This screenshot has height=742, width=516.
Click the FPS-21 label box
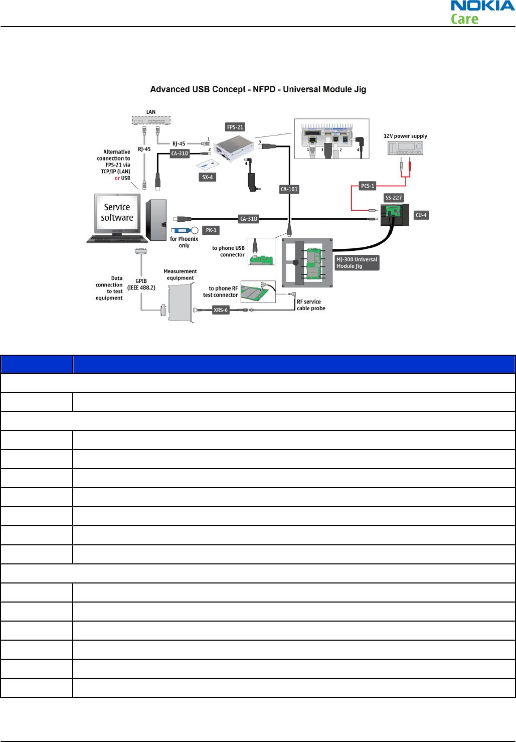(235, 127)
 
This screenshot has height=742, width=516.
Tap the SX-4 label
(208, 177)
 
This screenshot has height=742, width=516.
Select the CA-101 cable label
(289, 189)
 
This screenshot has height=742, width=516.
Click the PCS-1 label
(368, 186)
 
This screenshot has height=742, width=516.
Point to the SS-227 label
(394, 198)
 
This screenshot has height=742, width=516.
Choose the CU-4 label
(421, 215)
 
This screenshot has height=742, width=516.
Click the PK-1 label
(211, 230)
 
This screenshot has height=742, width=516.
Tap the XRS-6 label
(221, 310)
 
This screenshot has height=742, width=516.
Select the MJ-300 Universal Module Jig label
(357, 263)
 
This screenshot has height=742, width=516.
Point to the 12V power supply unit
(405, 148)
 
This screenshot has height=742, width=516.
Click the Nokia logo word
(482, 6)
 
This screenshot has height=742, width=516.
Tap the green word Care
(464, 20)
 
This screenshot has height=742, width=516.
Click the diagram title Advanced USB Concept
(258, 89)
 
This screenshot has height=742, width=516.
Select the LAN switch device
(151, 120)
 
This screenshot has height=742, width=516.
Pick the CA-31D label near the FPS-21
(180, 154)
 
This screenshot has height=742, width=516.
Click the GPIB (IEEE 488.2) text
(141, 284)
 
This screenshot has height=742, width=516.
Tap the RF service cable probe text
(311, 305)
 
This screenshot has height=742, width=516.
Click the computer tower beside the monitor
(156, 220)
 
